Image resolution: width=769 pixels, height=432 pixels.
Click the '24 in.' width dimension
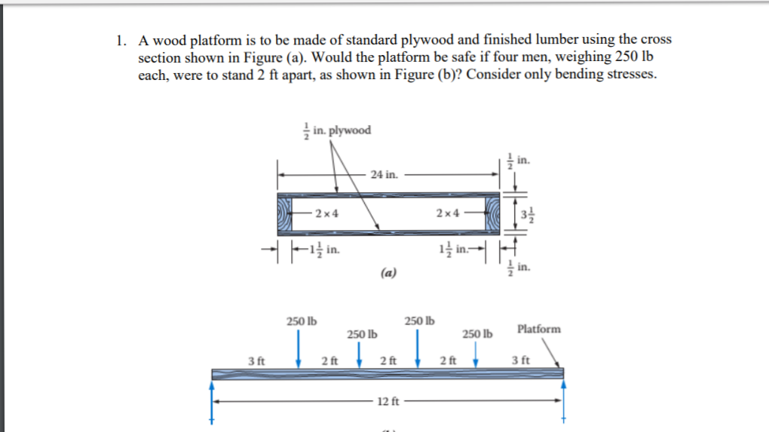click(x=385, y=174)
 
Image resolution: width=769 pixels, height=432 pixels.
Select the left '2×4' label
click(x=326, y=213)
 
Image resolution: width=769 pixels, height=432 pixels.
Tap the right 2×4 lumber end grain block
click(x=492, y=213)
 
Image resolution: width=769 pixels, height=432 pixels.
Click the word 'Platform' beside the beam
click(x=539, y=329)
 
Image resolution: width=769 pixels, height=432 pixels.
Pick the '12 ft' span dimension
click(x=385, y=400)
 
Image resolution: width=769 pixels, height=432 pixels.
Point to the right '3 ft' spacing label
click(x=520, y=360)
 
